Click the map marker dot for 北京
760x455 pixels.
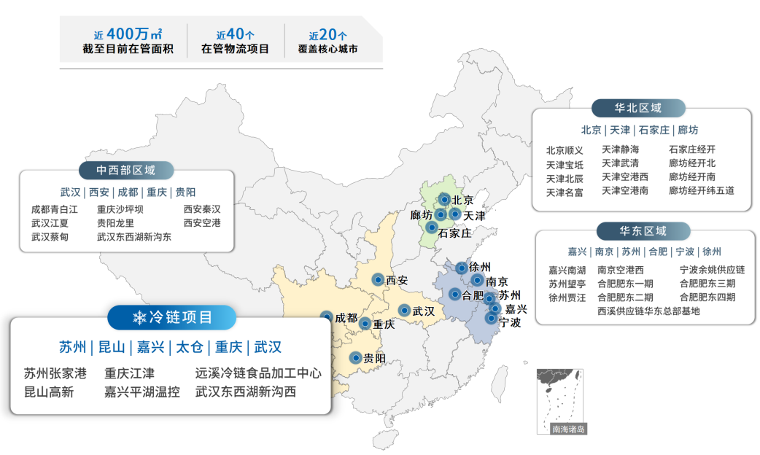pyautogui.click(x=443, y=199)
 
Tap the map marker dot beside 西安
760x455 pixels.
pyautogui.click(x=378, y=279)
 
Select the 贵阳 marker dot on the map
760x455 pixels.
pyautogui.click(x=355, y=357)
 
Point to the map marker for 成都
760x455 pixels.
pyautogui.click(x=326, y=317)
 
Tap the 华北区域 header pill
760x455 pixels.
pyautogui.click(x=638, y=108)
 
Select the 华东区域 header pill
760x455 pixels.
pyautogui.click(x=643, y=231)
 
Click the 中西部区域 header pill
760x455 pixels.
pyautogui.click(x=126, y=170)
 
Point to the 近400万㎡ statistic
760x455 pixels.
pyautogui.click(x=128, y=34)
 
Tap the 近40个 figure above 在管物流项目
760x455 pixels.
pyautogui.click(x=235, y=34)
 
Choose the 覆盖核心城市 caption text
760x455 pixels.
pyautogui.click(x=328, y=50)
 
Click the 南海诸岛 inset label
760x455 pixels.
pyautogui.click(x=568, y=429)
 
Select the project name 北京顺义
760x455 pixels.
pyautogui.click(x=565, y=150)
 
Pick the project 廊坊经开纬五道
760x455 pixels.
pyautogui.click(x=702, y=190)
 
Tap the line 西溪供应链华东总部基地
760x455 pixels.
pyautogui.click(x=648, y=311)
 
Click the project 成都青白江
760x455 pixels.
pyautogui.click(x=55, y=209)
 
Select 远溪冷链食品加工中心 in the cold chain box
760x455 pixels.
pyautogui.click(x=258, y=373)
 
